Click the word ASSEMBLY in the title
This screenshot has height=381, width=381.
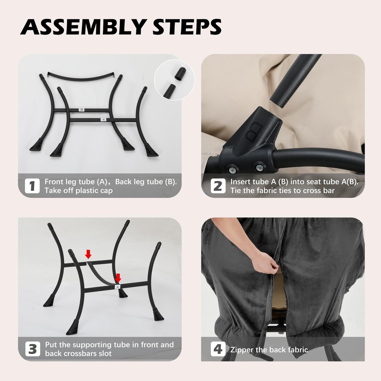point(83,27)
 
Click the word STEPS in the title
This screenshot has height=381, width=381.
point(187,27)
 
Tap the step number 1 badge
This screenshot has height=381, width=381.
point(32,186)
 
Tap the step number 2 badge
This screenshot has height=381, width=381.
point(218,186)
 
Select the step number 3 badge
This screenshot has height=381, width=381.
point(33,349)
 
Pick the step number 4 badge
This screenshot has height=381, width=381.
point(218,349)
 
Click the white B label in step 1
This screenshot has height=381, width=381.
point(82,110)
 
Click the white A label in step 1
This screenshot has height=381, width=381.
point(103,120)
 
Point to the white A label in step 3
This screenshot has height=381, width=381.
point(117,287)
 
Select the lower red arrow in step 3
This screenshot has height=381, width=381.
point(118,278)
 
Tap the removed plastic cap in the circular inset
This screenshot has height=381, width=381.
point(180,74)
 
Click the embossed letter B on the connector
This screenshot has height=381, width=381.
point(254,131)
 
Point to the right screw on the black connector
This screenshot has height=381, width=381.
point(259,167)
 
